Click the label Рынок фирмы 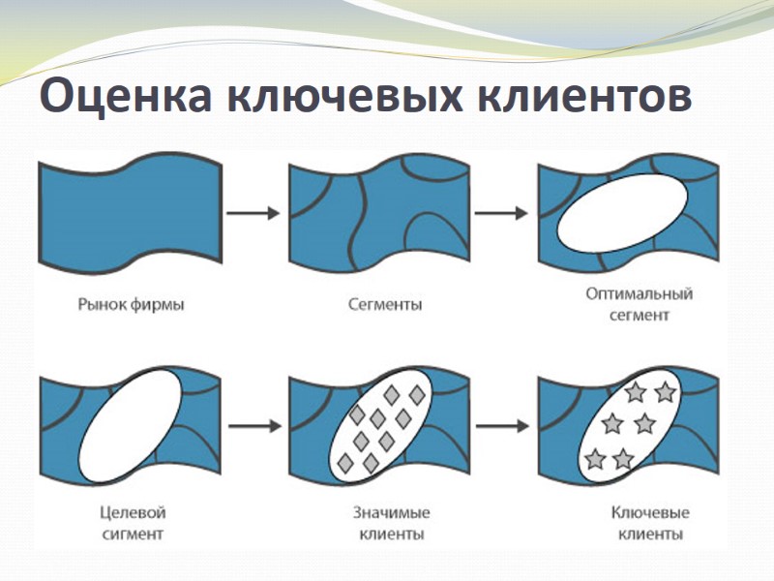pyautogui.click(x=131, y=305)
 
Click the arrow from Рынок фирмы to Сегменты pyautogui.click(x=253, y=212)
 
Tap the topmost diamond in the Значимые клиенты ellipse pyautogui.click(x=392, y=395)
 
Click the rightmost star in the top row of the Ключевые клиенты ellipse pyautogui.click(x=665, y=392)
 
